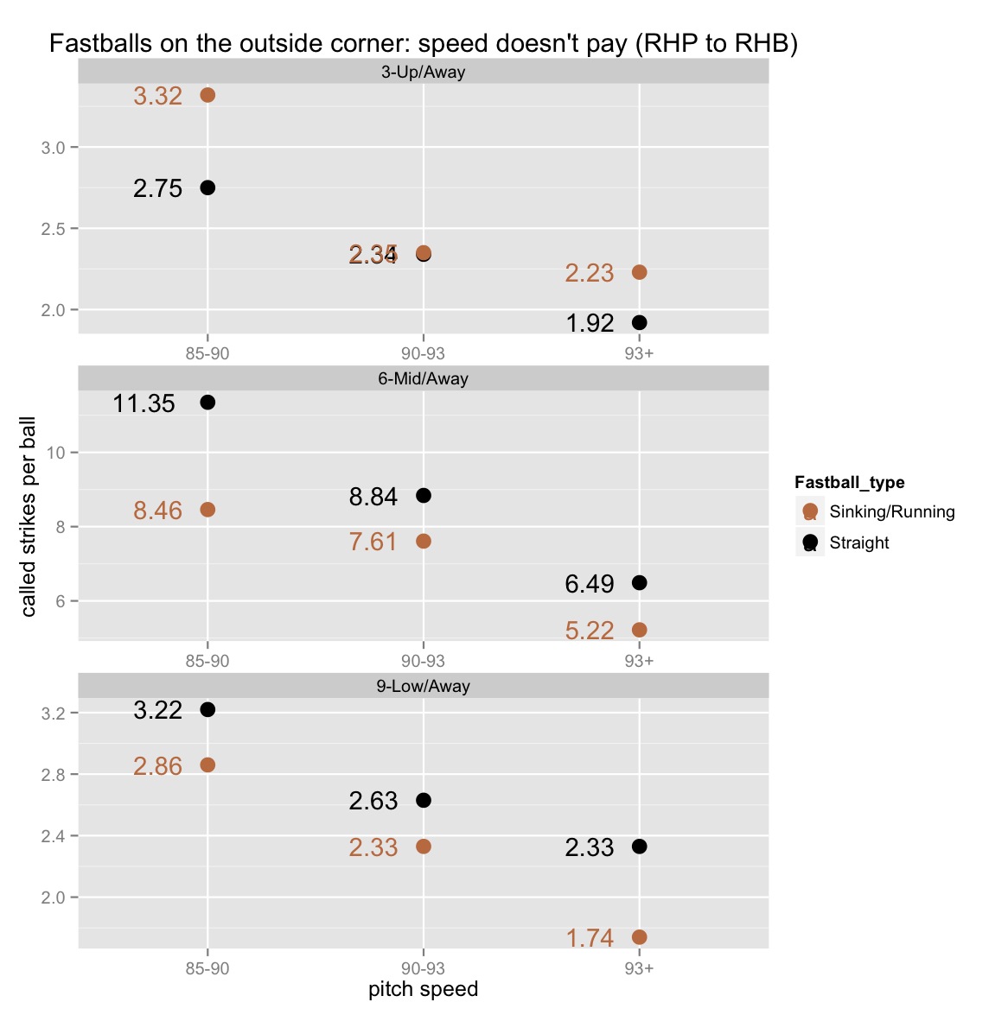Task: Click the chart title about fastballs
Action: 423,43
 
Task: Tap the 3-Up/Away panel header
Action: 423,73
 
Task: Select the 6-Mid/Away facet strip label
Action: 423,379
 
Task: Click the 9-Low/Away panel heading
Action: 423,687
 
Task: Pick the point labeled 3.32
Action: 207,95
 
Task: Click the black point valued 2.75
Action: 207,187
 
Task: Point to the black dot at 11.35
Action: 207,403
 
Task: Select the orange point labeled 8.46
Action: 207,510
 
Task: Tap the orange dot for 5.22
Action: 640,630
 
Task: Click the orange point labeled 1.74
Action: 640,937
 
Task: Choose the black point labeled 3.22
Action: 207,709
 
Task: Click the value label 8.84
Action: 373,497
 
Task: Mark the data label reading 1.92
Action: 590,323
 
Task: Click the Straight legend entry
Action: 858,543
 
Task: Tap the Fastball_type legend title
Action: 849,483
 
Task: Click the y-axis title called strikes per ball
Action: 29,517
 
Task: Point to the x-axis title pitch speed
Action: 423,989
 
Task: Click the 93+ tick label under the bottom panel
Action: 640,968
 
